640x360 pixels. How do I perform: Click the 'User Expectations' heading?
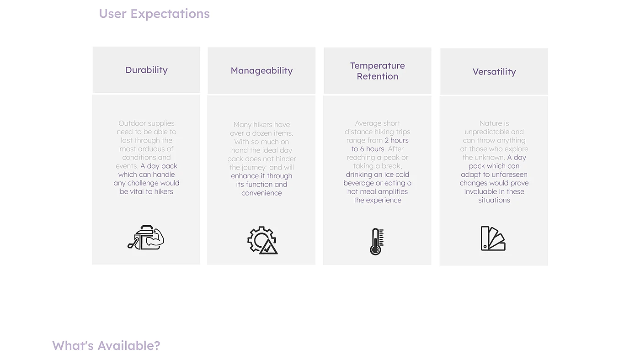click(155, 14)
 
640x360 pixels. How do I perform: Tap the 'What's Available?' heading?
click(106, 346)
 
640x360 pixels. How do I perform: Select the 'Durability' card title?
click(147, 70)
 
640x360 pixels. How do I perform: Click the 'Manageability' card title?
click(261, 70)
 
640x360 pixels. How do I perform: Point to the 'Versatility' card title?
click(494, 72)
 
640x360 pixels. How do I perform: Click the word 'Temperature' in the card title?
click(378, 66)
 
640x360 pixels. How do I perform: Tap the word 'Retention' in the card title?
click(378, 76)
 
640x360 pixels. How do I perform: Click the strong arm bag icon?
click(146, 238)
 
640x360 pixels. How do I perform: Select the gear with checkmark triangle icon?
click(262, 240)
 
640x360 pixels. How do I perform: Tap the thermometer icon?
click(377, 242)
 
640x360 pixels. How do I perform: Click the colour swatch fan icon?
click(493, 238)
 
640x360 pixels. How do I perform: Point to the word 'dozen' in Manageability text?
click(272, 133)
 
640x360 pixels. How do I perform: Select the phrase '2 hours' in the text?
click(397, 140)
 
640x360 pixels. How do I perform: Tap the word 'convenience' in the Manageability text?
click(261, 193)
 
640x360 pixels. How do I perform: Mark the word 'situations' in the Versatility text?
click(494, 200)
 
